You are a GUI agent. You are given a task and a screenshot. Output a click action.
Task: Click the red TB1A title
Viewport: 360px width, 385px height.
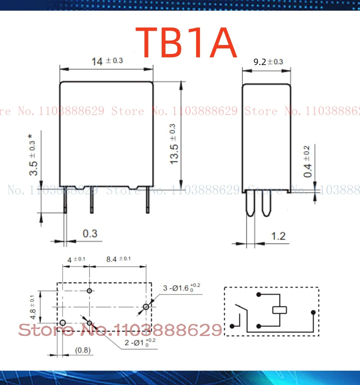pyautogui.click(x=186, y=43)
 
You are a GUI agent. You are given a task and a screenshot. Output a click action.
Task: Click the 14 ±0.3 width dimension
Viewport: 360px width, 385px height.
pyautogui.click(x=107, y=61)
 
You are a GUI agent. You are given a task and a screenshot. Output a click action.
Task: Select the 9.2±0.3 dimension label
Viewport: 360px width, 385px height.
pyautogui.click(x=268, y=62)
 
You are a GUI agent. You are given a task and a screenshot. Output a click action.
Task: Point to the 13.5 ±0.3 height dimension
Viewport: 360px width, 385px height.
pyautogui.click(x=173, y=144)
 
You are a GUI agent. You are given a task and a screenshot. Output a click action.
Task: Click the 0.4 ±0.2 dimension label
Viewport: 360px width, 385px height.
pyautogui.click(x=307, y=162)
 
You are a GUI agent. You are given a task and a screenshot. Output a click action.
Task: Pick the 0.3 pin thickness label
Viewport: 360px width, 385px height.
pyautogui.click(x=90, y=233)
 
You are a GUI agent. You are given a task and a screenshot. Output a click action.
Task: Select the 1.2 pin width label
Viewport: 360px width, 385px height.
pyautogui.click(x=278, y=236)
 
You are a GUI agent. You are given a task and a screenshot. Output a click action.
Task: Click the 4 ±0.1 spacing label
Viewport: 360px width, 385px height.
pyautogui.click(x=76, y=259)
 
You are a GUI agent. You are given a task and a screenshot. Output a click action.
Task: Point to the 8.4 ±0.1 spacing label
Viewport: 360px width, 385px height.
pyautogui.click(x=118, y=259)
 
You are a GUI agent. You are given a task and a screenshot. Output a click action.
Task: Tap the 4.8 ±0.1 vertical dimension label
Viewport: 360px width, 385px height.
pyautogui.click(x=32, y=307)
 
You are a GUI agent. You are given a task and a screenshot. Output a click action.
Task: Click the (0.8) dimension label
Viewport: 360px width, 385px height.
pyautogui.click(x=83, y=350)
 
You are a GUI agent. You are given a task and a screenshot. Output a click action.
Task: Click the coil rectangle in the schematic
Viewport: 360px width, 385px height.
pyautogui.click(x=279, y=310)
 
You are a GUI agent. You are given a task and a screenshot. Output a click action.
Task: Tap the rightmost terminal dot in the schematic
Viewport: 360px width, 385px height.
pyautogui.click(x=313, y=312)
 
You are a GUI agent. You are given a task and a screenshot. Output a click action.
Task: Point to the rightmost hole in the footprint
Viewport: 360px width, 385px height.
pyautogui.click(x=146, y=307)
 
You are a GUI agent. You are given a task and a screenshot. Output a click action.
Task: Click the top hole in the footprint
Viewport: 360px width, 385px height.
pyautogui.click(x=89, y=291)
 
